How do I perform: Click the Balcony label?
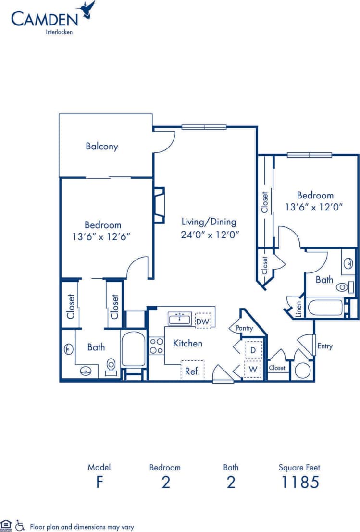(x=102, y=147)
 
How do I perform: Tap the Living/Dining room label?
(x=209, y=222)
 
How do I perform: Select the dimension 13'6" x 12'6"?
(x=102, y=236)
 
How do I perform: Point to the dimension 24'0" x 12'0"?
(x=210, y=235)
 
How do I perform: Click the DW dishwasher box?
(x=203, y=320)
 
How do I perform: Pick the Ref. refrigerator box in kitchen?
(x=192, y=371)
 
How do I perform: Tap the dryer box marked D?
(x=253, y=350)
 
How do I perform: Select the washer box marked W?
(x=253, y=370)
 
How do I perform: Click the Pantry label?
(x=244, y=328)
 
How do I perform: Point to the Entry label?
(x=324, y=346)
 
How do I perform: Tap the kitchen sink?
(x=179, y=318)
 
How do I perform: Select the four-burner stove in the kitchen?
(x=156, y=346)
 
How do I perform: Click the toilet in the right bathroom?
(x=343, y=287)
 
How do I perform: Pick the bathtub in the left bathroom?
(x=133, y=349)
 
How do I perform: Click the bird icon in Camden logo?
(x=87, y=10)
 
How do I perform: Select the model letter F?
(x=99, y=482)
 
